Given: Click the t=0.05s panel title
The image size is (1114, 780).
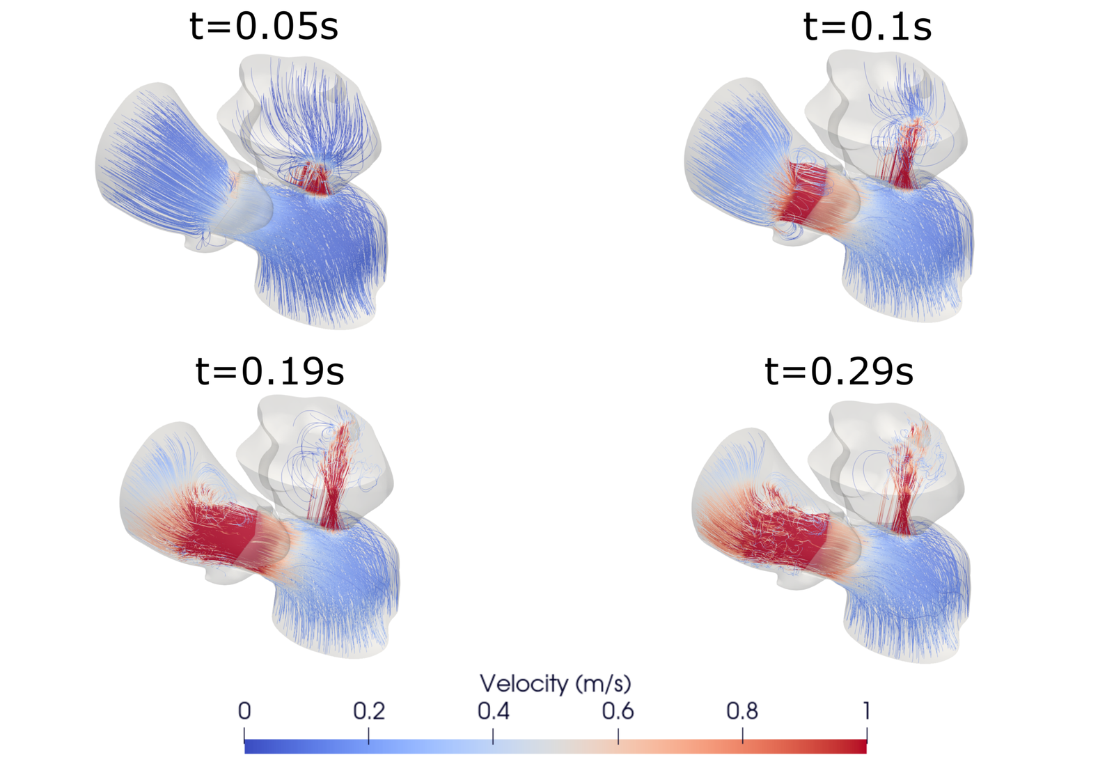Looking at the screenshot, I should point(264,26).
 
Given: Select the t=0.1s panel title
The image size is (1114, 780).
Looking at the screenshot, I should point(868,26).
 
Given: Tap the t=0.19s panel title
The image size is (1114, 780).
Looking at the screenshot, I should point(269,370).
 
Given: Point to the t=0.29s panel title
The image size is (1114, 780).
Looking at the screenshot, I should point(839,370).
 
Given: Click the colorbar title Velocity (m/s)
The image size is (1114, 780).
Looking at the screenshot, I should point(555,683).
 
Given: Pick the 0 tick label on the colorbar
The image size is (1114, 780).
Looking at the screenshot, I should point(244,711).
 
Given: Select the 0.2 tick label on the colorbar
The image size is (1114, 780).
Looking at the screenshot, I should point(368,711).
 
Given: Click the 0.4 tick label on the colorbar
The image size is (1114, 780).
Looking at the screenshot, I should point(493,711).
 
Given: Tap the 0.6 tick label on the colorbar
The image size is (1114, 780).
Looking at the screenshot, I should point(618,711).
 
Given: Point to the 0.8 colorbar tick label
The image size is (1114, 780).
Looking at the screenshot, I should point(742,711).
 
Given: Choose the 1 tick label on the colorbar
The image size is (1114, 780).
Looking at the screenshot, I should point(866,711).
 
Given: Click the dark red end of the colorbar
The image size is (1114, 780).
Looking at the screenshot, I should point(860,747).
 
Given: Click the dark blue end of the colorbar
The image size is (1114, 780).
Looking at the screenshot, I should point(251,747).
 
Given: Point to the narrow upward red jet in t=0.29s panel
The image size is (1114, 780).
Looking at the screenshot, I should point(902,494).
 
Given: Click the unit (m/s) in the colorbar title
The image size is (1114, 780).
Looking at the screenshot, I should point(603,683).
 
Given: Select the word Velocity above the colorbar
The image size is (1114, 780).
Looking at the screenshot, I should point(524,683).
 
